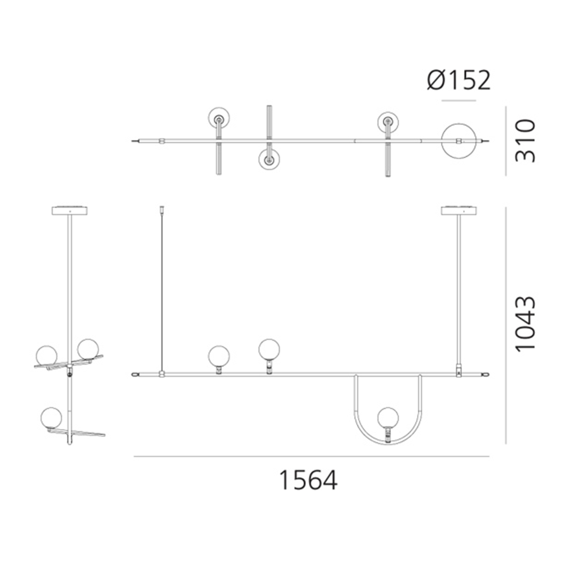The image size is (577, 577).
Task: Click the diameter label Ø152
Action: pyautogui.click(x=458, y=80)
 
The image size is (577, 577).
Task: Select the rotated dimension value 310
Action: pyautogui.click(x=525, y=141)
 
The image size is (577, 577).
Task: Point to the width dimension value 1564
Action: pyautogui.click(x=308, y=480)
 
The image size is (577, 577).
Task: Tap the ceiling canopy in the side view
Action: pyautogui.click(x=70, y=211)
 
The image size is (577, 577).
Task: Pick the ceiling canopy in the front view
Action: pyautogui.click(x=459, y=211)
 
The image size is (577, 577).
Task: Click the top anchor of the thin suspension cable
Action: pyautogui.click(x=162, y=209)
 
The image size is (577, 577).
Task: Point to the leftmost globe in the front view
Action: pyautogui.click(x=219, y=356)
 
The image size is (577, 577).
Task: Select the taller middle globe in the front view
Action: pyautogui.click(x=269, y=349)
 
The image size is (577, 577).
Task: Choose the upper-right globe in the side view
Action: pyautogui.click(x=88, y=348)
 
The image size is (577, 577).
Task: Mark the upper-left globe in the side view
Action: pyautogui.click(x=47, y=355)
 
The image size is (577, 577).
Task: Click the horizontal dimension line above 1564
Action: pyautogui.click(x=311, y=456)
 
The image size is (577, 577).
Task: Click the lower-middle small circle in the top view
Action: pyautogui.click(x=269, y=159)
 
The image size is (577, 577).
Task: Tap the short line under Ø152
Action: pyautogui.click(x=459, y=101)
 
